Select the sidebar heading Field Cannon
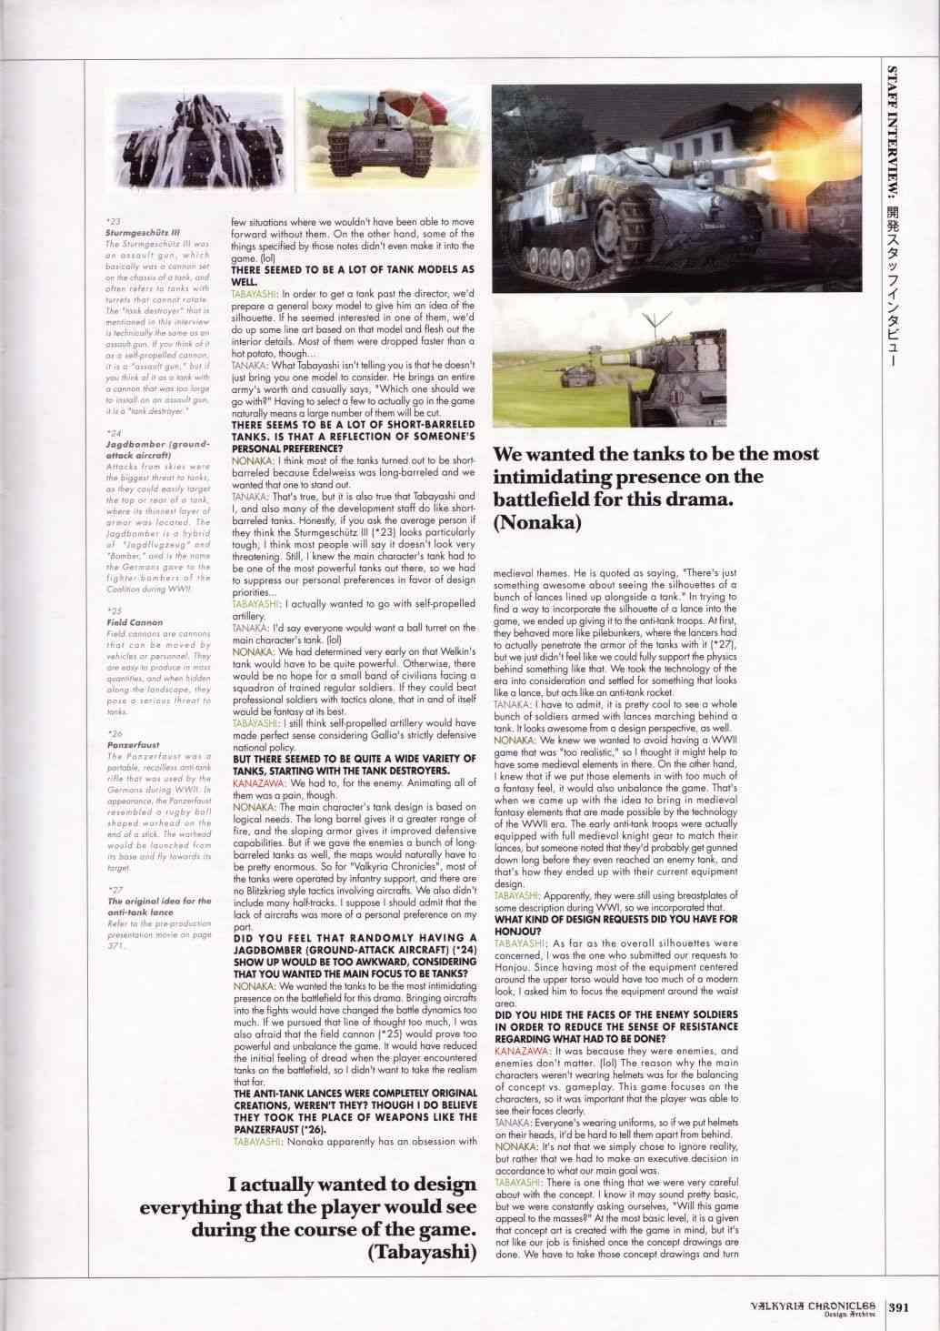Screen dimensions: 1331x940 tap(135, 622)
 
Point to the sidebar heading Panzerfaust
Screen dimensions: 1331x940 tap(131, 744)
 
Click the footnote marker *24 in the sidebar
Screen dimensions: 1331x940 tap(113, 434)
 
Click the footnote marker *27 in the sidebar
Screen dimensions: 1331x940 tap(115, 889)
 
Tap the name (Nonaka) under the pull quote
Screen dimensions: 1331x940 tap(535, 521)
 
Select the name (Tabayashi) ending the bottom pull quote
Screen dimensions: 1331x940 tap(423, 1253)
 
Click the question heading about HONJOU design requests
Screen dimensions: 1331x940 tap(615, 924)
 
